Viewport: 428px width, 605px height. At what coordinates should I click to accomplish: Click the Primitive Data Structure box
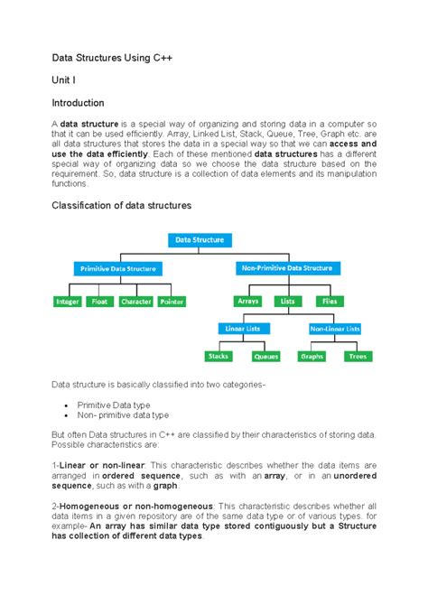pos(118,268)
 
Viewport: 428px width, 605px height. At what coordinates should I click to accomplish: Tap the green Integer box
pos(68,302)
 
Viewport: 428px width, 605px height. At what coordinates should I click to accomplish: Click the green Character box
pos(136,302)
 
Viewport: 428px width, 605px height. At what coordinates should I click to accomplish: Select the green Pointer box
pos(172,302)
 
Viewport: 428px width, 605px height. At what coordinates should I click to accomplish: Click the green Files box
pos(328,301)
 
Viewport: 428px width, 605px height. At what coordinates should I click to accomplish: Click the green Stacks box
pos(218,357)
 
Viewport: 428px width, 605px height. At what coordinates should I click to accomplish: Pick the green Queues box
pos(265,357)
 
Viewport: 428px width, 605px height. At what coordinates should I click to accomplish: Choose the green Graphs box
pos(312,357)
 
